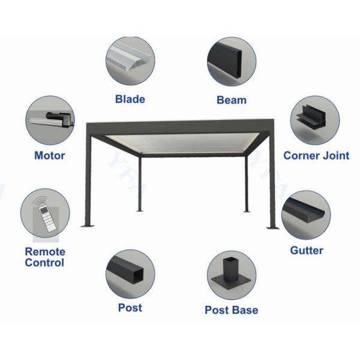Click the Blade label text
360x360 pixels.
tap(130, 99)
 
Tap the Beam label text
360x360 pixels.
tap(231, 100)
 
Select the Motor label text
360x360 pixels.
tap(50, 156)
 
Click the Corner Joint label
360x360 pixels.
tap(316, 156)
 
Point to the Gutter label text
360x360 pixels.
tap(307, 250)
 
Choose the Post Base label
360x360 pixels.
tap(231, 310)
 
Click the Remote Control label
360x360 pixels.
tap(45, 257)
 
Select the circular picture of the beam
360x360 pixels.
tap(232, 61)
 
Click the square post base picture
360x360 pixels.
tap(232, 275)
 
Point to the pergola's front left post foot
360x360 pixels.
tap(88, 226)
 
